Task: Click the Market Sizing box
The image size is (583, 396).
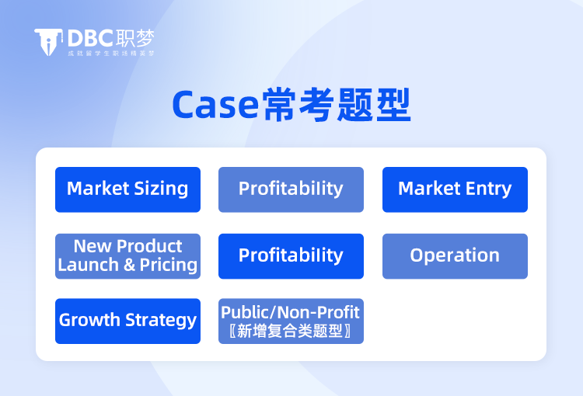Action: (x=127, y=189)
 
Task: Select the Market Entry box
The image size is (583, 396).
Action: (x=455, y=189)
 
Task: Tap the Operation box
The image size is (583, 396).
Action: (x=455, y=256)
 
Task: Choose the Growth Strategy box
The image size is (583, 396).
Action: (x=127, y=321)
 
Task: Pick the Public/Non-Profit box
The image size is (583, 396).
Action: (x=291, y=321)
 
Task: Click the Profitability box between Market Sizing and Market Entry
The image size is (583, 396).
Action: (x=291, y=189)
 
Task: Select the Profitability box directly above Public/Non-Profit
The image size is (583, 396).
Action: (x=291, y=256)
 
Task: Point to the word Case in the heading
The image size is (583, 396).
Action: (x=215, y=105)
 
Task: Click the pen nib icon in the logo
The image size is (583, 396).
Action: (x=48, y=42)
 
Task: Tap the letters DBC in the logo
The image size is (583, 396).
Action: (x=90, y=38)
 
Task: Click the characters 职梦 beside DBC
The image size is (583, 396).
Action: (x=134, y=38)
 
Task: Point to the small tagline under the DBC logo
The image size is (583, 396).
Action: (x=111, y=54)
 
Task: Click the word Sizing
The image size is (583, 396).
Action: (x=161, y=189)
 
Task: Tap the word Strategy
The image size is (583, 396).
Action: (x=161, y=320)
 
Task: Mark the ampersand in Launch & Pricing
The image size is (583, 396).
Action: (x=129, y=265)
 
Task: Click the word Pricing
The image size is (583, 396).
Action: (x=169, y=266)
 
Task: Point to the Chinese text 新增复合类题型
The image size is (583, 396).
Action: (x=290, y=331)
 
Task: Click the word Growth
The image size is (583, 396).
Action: (x=89, y=320)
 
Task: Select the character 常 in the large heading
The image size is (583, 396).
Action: (x=279, y=105)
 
